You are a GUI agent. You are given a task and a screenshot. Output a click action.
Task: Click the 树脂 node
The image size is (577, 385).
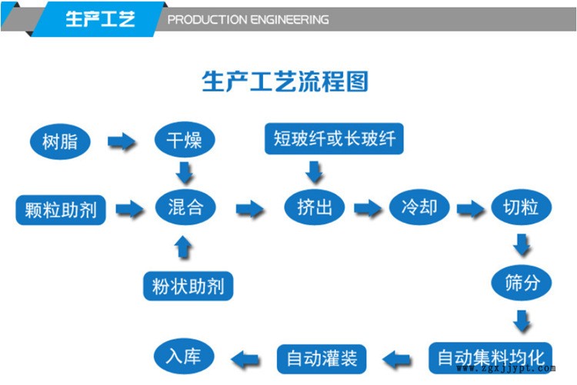pyautogui.click(x=60, y=141)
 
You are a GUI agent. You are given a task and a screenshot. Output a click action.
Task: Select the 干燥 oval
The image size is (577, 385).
pyautogui.click(x=184, y=141)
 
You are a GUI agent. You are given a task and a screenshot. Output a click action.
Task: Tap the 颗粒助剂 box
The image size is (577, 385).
pyautogui.click(x=61, y=209)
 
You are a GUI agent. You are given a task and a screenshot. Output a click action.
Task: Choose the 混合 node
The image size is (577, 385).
pyautogui.click(x=185, y=207)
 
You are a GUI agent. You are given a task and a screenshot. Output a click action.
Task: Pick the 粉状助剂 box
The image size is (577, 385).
pyautogui.click(x=188, y=286)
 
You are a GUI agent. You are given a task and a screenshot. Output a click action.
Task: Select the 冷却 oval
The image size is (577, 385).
pyautogui.click(x=419, y=207)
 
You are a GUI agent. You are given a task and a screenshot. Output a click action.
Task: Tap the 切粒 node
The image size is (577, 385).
pyautogui.click(x=521, y=207)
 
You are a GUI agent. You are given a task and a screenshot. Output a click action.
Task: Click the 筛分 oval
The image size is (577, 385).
pyautogui.click(x=522, y=283)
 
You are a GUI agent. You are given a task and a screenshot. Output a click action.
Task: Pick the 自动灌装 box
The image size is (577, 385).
pyautogui.click(x=322, y=358)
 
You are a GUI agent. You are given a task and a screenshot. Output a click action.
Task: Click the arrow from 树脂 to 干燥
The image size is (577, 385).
pyautogui.click(x=121, y=141)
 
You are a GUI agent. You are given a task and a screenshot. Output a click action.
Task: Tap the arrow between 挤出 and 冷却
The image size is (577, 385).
pyautogui.click(x=367, y=208)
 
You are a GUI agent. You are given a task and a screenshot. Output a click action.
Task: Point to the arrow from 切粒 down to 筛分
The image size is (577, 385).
pyautogui.click(x=522, y=245)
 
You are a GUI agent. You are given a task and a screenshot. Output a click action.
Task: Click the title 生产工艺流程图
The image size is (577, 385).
pyautogui.click(x=285, y=81)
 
